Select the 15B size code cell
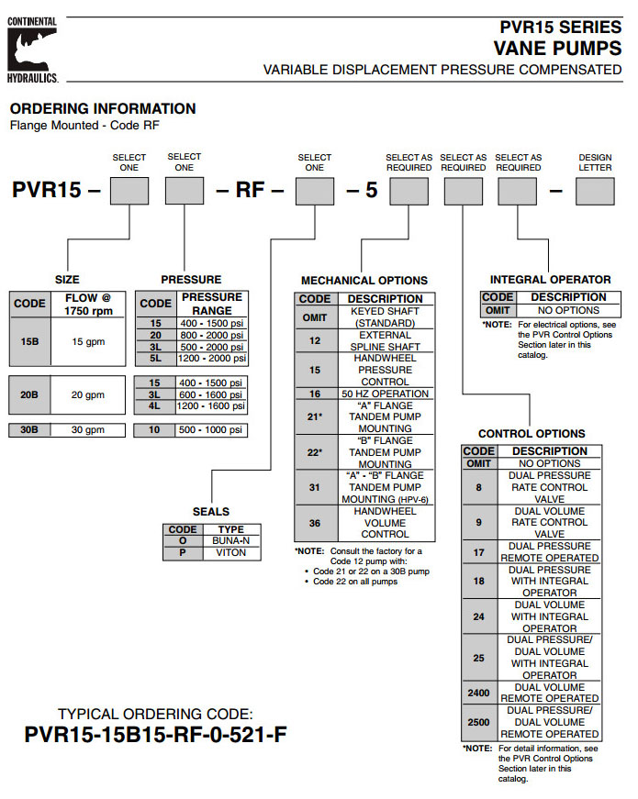28,340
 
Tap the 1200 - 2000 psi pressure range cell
212,359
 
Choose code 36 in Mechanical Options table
315,522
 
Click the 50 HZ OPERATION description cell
385,393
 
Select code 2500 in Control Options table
478,722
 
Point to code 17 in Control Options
478,551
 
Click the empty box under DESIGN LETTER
595,191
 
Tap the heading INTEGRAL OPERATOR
550,280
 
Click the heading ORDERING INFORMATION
103,108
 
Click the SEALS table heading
210,511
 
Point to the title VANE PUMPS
557,47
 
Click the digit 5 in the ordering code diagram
372,192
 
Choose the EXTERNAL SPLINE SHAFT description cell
385,340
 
